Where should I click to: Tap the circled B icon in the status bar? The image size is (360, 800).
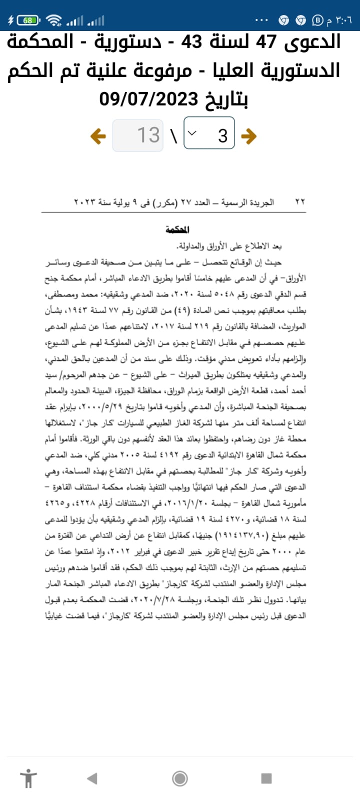point(317,20)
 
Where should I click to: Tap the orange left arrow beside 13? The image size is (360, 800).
point(98,135)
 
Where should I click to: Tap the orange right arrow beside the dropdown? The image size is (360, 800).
point(248,135)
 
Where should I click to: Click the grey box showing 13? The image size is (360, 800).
point(138,135)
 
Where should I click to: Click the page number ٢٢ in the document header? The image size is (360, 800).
point(300,202)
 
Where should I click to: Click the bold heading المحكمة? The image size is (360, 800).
point(177,230)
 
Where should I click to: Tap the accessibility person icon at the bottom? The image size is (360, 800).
point(28,778)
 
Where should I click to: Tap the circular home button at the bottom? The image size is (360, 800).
point(180,778)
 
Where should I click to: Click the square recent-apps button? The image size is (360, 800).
point(266,778)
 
